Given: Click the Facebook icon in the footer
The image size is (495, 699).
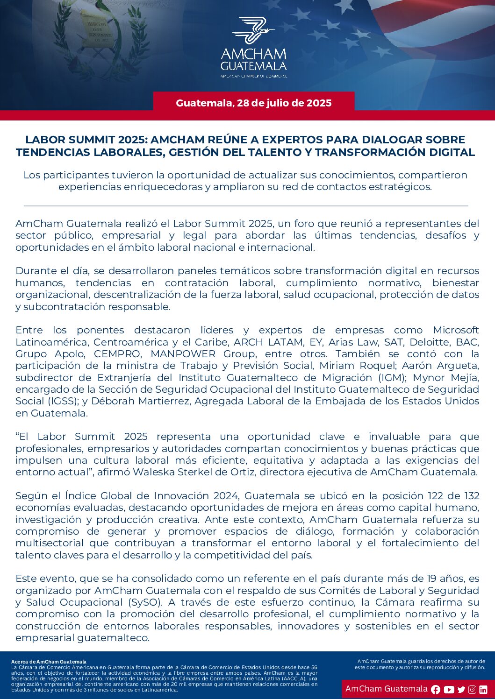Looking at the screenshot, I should coord(436,689).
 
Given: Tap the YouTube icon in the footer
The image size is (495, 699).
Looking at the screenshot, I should coord(449,689).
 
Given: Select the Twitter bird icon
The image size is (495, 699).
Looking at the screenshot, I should coord(461,689).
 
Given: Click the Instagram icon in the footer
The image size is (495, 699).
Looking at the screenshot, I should coord(472,689).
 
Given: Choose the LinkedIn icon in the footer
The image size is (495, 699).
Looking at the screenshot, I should coord(483,689).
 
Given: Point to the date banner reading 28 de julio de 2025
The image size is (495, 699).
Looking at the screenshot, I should coord(254,103).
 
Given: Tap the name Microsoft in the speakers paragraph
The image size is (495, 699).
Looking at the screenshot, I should coord(456,330).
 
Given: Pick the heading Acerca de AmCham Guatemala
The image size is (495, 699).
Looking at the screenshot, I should coord(49,662).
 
